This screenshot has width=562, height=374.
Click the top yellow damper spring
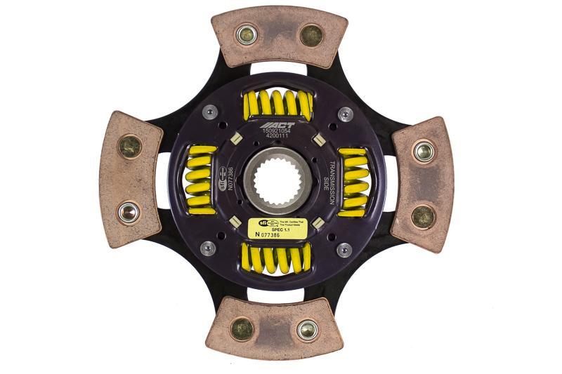point(277,105)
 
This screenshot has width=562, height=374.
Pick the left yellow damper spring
point(200,180)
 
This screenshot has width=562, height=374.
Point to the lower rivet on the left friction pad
point(129,211)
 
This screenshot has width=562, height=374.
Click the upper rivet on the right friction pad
point(423,150)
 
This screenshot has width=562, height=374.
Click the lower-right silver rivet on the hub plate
point(344,249)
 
